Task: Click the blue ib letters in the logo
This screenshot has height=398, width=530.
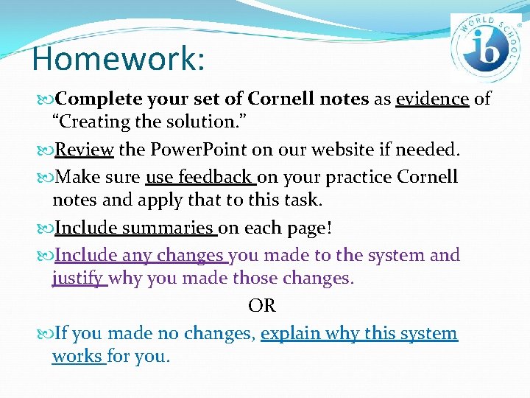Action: coord(487,46)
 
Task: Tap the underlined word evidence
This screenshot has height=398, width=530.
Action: coord(432,99)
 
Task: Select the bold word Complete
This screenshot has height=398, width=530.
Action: coord(97,99)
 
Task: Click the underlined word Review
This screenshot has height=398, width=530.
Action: coord(84,150)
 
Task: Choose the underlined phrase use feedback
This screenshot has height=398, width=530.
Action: coord(199,177)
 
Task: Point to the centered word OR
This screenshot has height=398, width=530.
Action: coord(262,306)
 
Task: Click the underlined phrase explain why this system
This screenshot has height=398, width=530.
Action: coord(359,333)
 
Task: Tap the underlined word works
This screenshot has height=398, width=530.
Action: coord(78,357)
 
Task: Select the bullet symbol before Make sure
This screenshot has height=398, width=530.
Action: coord(45,178)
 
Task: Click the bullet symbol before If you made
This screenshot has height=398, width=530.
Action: coord(45,334)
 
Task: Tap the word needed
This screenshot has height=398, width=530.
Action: coord(428,150)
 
